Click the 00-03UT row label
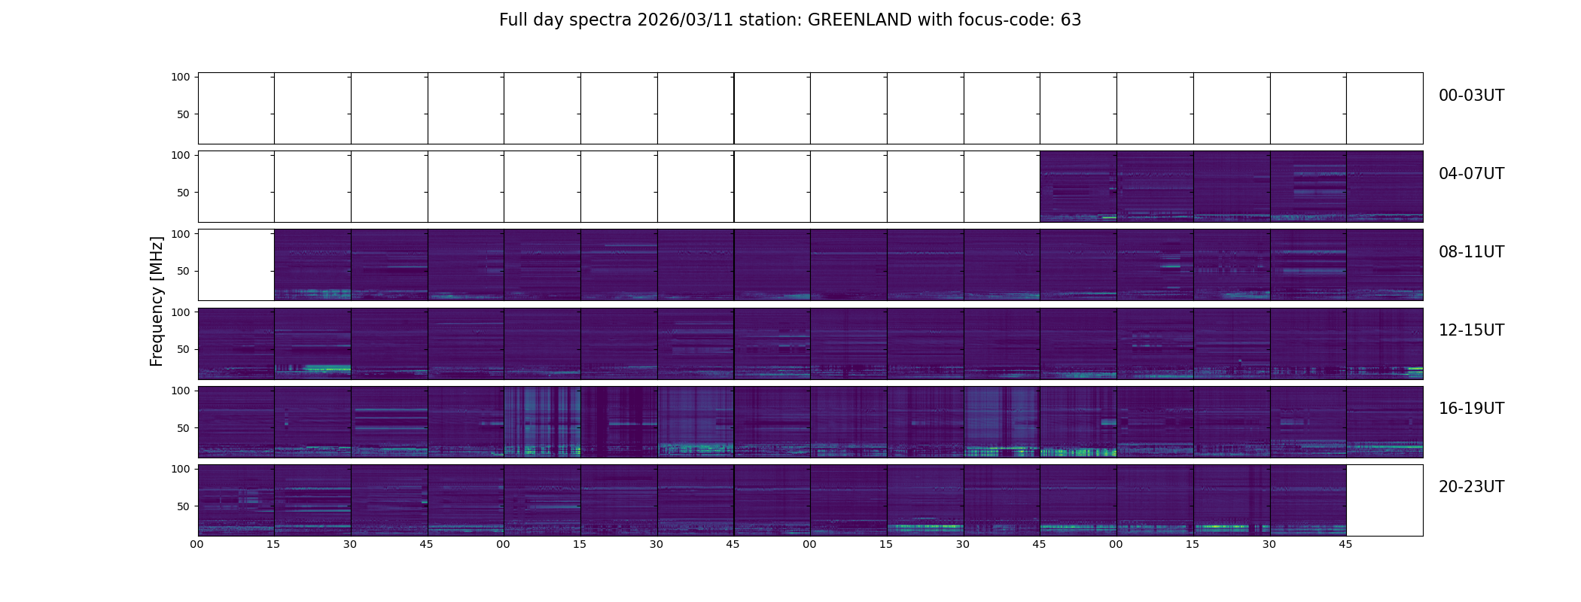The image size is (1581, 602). tap(1471, 96)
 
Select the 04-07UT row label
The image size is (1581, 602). tap(1471, 174)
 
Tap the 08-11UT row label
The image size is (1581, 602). tap(1471, 252)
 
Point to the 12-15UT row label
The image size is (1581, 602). tap(1471, 330)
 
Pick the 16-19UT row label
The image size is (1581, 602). tap(1471, 409)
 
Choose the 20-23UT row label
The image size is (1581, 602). tap(1471, 487)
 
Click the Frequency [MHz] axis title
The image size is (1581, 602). tap(157, 301)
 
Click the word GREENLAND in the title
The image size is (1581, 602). tap(860, 20)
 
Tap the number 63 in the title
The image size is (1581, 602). tap(1071, 20)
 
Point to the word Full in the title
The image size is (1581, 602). tap(513, 20)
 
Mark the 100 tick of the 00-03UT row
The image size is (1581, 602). tap(180, 77)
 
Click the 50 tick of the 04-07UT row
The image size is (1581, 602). tap(183, 193)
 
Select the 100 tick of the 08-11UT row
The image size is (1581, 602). tap(180, 233)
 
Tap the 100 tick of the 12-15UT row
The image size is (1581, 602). tap(180, 312)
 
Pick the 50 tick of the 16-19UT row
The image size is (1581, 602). tap(183, 428)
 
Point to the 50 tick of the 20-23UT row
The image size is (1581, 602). tap(183, 506)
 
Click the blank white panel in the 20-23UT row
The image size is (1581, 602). tap(1384, 500)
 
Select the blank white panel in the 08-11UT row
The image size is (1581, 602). tap(236, 265)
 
